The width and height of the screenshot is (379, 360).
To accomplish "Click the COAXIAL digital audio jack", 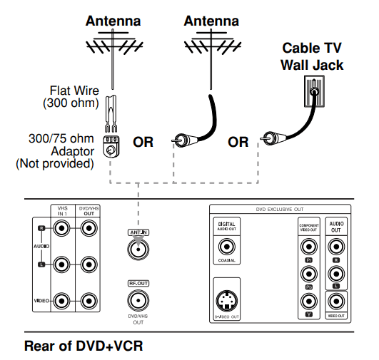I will [x=227, y=247].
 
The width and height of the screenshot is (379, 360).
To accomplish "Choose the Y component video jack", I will [x=309, y=300].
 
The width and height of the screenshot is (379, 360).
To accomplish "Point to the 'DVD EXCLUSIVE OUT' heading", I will [x=281, y=210].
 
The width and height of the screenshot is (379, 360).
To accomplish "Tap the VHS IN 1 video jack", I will [x=62, y=300].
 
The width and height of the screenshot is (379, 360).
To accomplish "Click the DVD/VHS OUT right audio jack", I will [x=88, y=229].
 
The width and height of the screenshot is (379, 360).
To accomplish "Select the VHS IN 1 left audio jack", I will [x=62, y=264].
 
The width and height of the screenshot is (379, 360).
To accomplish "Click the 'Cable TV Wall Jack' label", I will [x=312, y=56].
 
